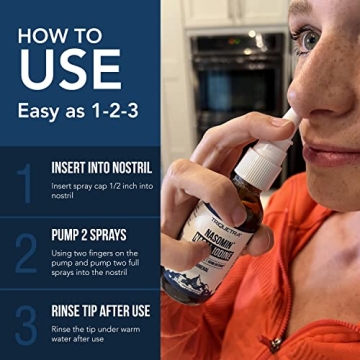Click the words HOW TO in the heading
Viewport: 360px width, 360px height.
(x=60, y=34)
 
